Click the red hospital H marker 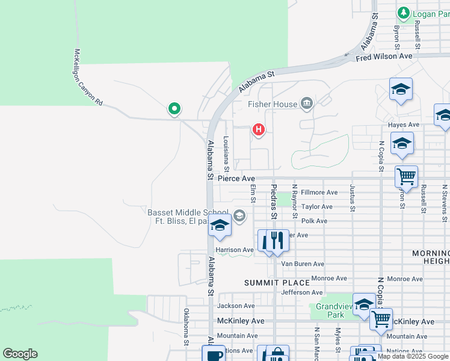[x=259, y=129]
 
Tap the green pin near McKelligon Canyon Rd [x=174, y=108]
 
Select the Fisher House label [x=273, y=104]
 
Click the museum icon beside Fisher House [x=307, y=104]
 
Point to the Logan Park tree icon [x=403, y=13]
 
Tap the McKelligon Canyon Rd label [x=88, y=78]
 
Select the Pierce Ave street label [x=236, y=179]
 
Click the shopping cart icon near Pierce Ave [x=406, y=177]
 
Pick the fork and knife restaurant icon [x=277, y=241]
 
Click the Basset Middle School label [x=188, y=212]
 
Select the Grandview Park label [x=330, y=310]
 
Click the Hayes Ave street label [x=404, y=125]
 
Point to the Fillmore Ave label [x=319, y=193]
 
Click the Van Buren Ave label [x=303, y=264]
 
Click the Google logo [x=20, y=354]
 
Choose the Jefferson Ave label [x=301, y=292]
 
